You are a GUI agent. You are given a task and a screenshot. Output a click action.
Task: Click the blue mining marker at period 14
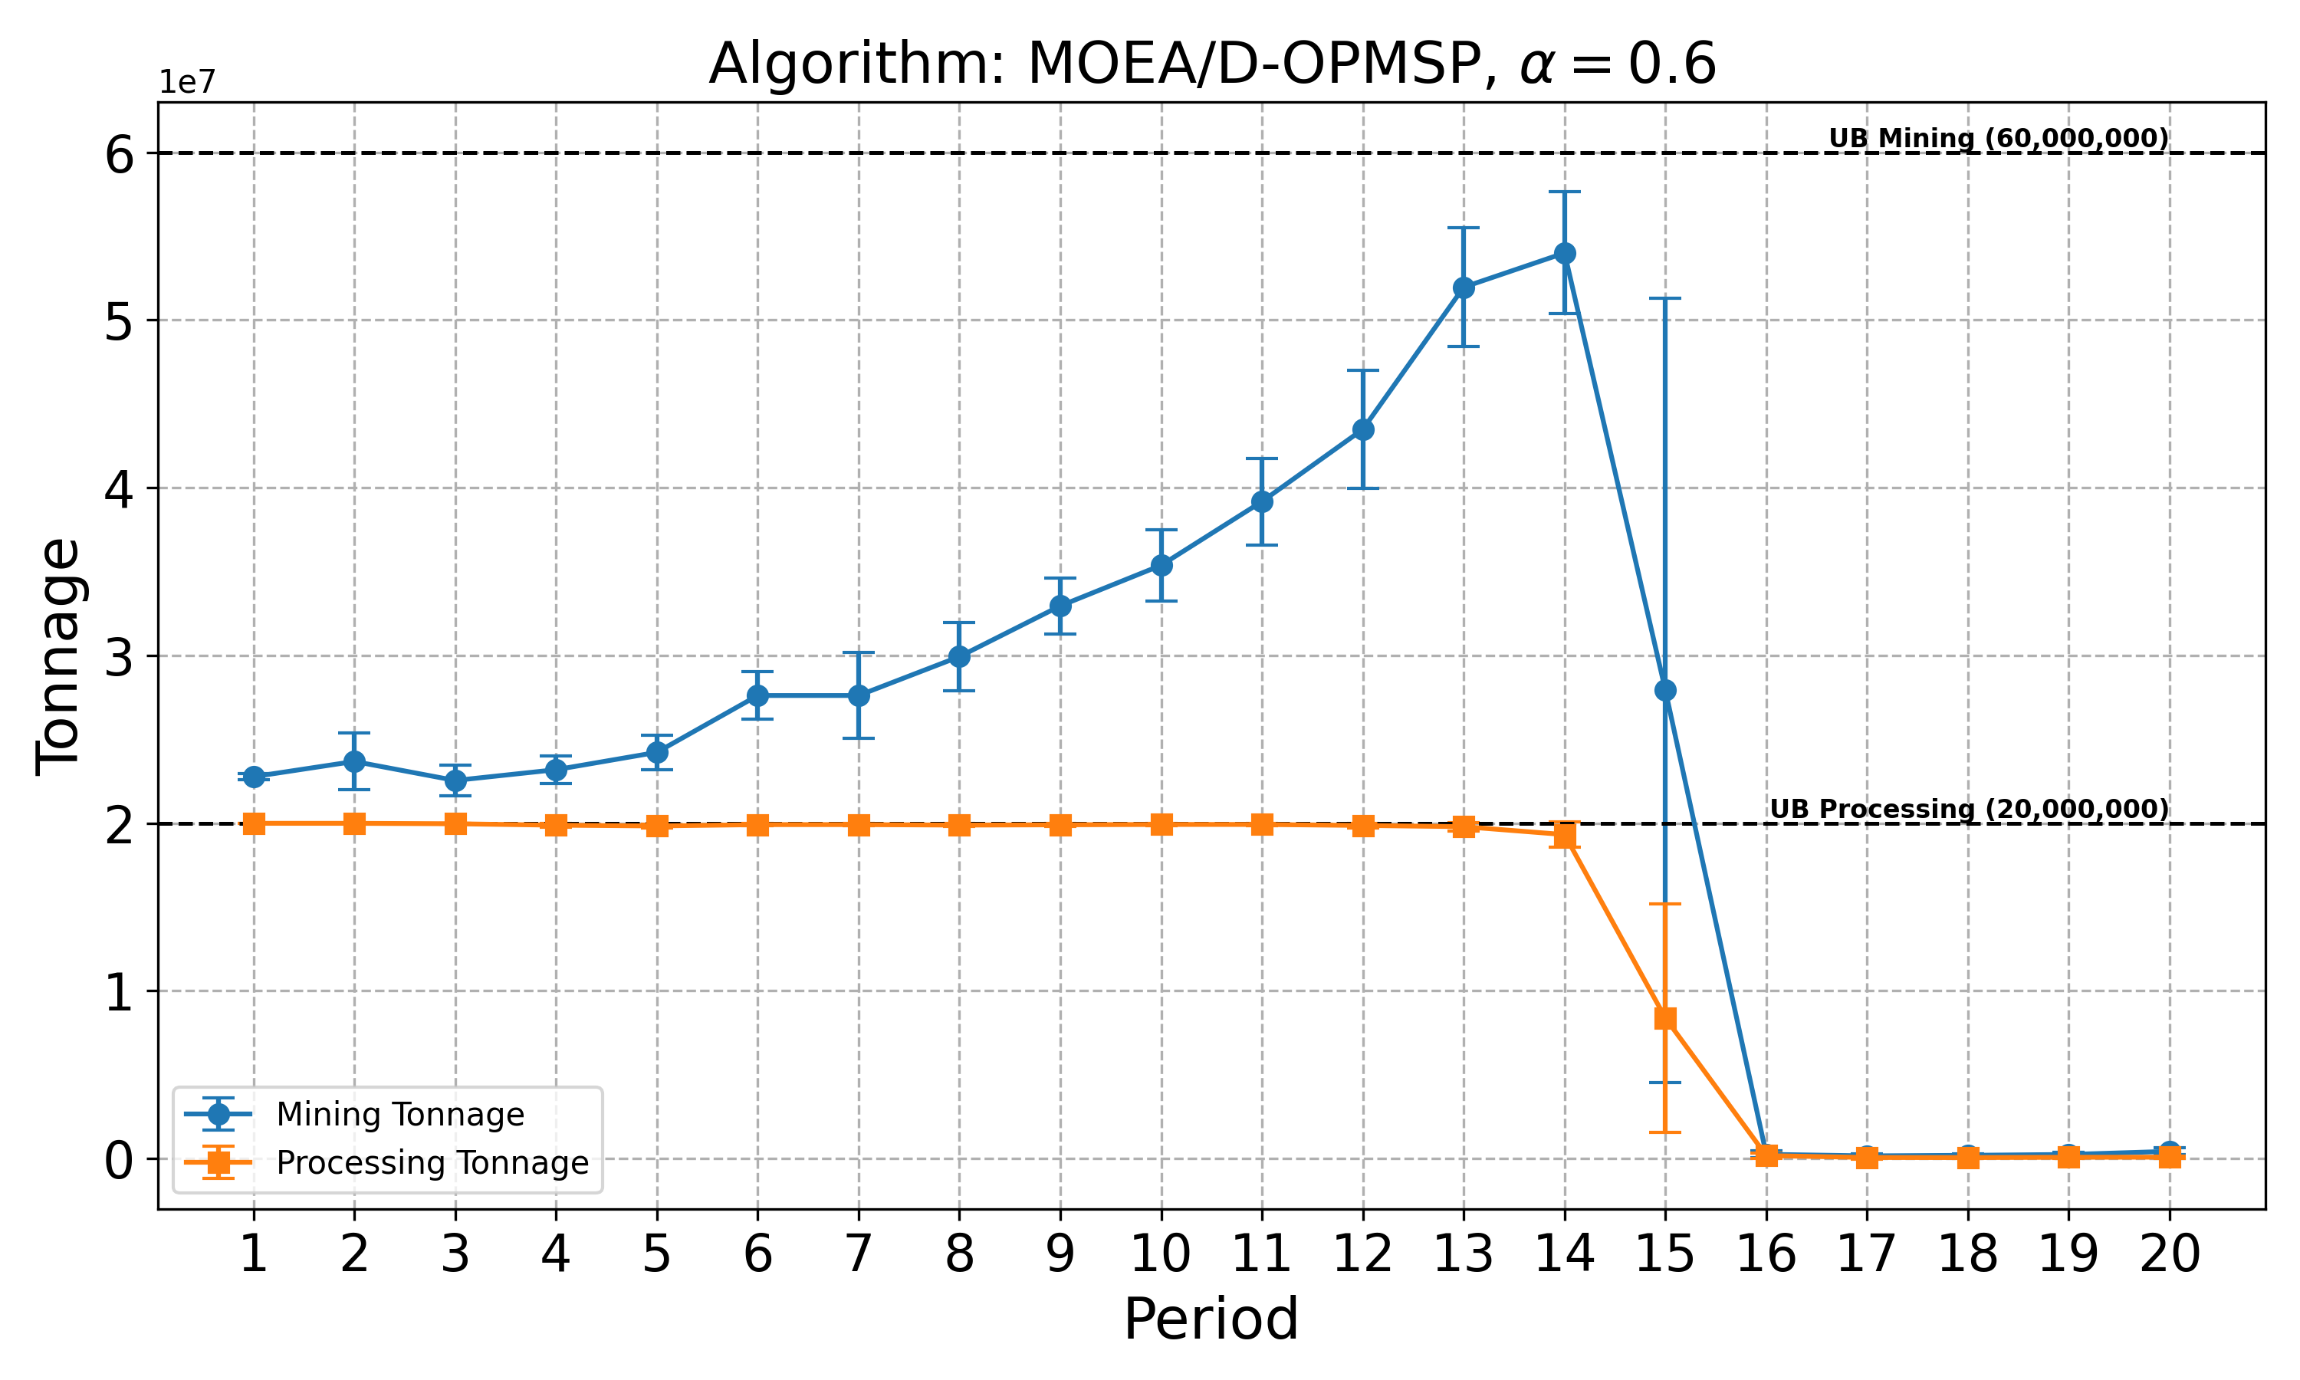pyautogui.click(x=1565, y=253)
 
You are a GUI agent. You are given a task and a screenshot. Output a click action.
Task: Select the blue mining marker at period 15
pyautogui.click(x=1665, y=690)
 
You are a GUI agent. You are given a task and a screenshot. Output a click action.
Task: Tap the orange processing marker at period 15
pyautogui.click(x=1665, y=1018)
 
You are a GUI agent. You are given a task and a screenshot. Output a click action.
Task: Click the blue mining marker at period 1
pyautogui.click(x=254, y=777)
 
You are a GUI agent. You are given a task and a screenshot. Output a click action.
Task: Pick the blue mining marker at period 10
pyautogui.click(x=1161, y=565)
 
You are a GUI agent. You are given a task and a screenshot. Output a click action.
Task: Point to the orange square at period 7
pyautogui.click(x=858, y=825)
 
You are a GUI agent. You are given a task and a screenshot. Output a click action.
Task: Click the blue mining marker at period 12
pyautogui.click(x=1363, y=429)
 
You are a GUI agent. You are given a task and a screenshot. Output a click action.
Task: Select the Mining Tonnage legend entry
pyautogui.click(x=399, y=1114)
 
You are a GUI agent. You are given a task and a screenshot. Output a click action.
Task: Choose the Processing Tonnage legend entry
pyautogui.click(x=432, y=1163)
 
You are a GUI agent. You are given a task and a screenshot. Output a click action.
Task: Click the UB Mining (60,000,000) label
pyautogui.click(x=1998, y=139)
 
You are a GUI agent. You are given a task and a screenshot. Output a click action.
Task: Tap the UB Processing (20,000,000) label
pyautogui.click(x=1968, y=809)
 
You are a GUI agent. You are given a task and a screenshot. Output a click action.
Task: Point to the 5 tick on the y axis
pyautogui.click(x=119, y=320)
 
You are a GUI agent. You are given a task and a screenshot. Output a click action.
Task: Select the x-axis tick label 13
pyautogui.click(x=1464, y=1254)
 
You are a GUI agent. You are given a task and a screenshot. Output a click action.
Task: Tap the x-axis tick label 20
pyautogui.click(x=2169, y=1254)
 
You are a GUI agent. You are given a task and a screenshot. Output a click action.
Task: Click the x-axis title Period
pyautogui.click(x=1211, y=1319)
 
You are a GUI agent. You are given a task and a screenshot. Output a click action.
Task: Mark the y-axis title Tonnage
pyautogui.click(x=58, y=655)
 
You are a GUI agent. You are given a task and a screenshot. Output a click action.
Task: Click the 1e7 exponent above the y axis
pyautogui.click(x=187, y=82)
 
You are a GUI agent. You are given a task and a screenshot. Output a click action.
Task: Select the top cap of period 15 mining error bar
pyautogui.click(x=1665, y=298)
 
